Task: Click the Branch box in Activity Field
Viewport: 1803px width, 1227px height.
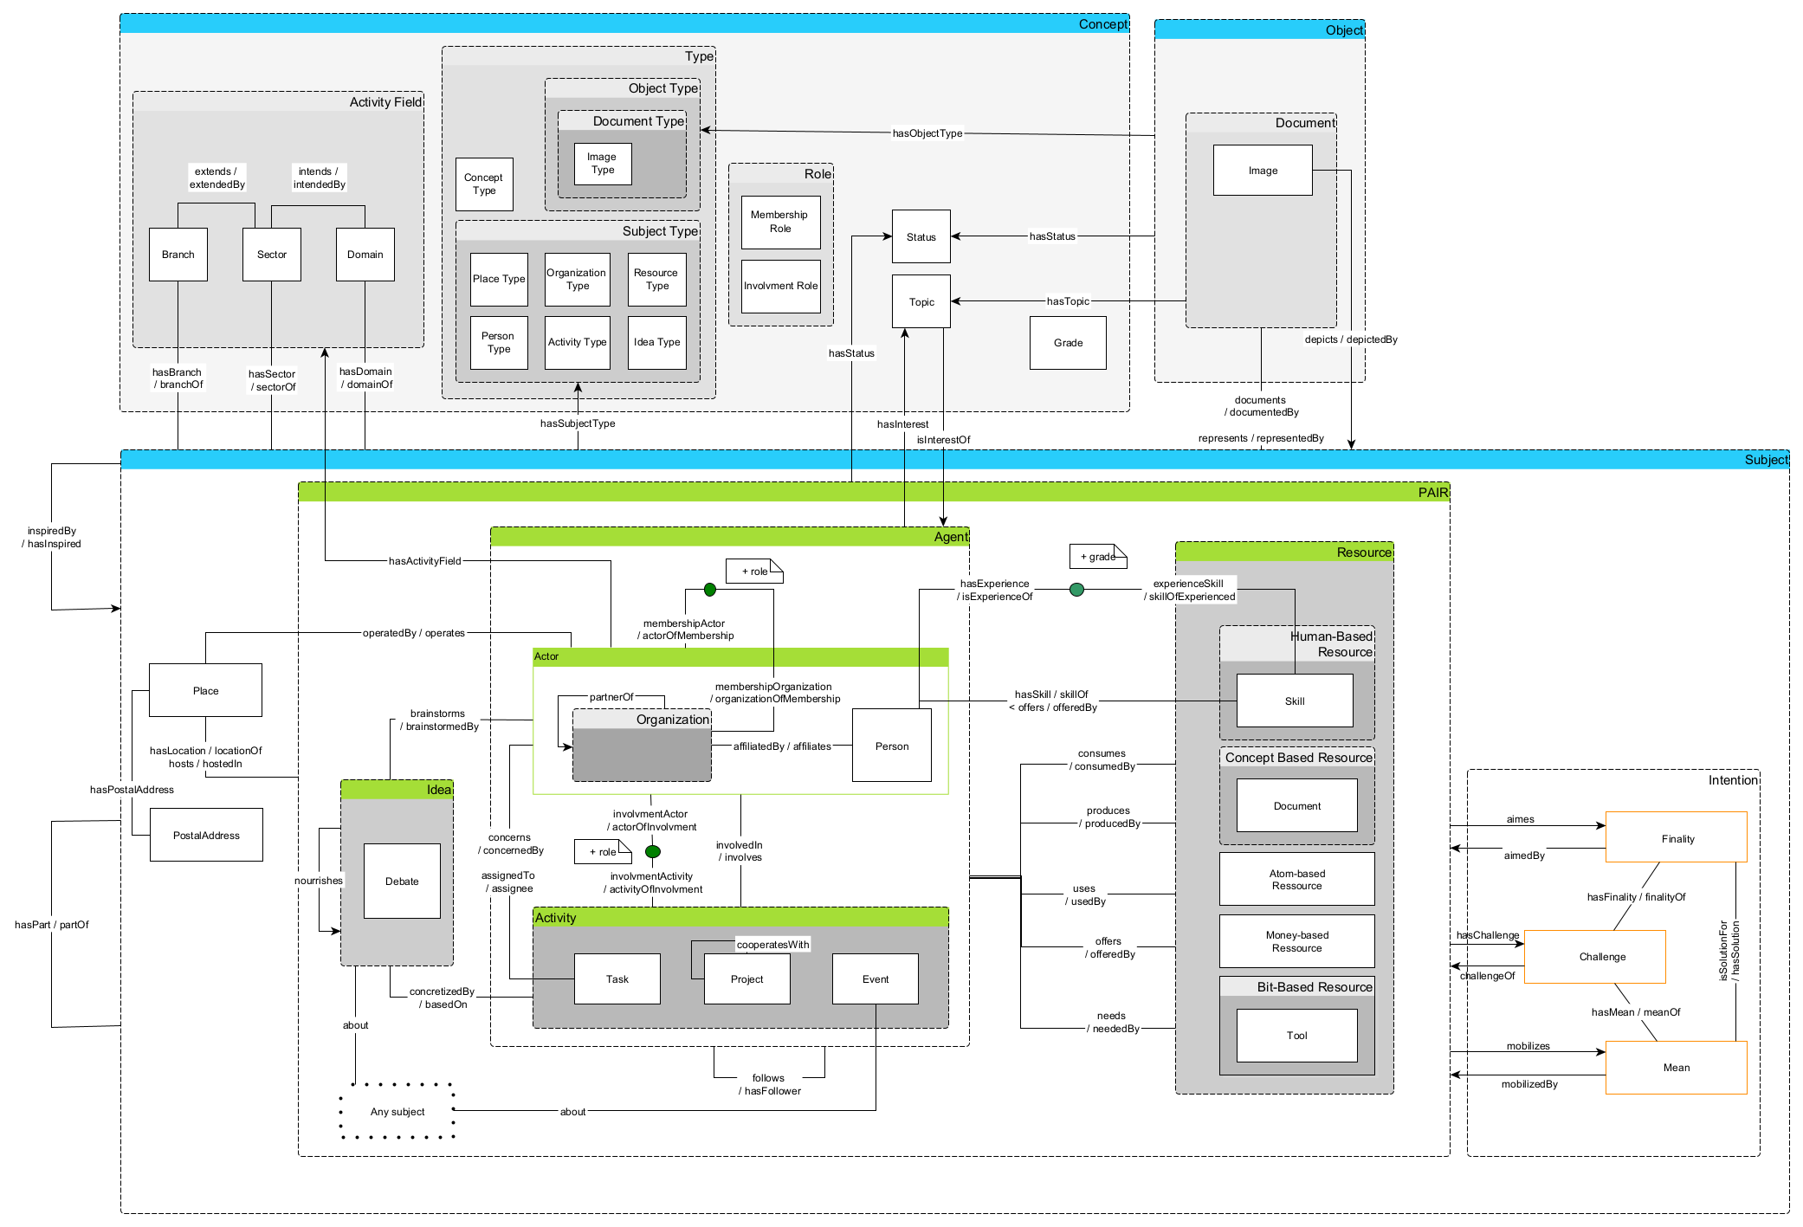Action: [178, 255]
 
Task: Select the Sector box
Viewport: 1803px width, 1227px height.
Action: [271, 255]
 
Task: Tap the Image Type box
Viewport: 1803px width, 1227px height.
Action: [602, 164]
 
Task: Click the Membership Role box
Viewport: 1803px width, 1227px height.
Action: [780, 223]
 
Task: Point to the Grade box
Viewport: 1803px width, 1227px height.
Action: [1067, 343]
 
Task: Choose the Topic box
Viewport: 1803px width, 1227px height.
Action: [921, 302]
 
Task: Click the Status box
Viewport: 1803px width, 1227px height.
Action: [921, 236]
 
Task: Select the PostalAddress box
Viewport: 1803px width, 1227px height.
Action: [206, 835]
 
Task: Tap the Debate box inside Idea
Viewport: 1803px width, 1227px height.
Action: [402, 881]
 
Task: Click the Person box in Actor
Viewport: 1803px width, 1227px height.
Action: [891, 746]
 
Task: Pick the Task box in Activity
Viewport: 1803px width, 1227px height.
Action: [617, 978]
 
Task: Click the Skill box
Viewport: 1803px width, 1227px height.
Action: [1294, 701]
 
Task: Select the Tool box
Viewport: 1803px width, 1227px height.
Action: [1296, 1036]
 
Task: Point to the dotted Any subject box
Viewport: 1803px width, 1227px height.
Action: [397, 1111]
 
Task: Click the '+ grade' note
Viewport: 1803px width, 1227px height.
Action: [1097, 557]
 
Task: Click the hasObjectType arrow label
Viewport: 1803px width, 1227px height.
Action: [927, 133]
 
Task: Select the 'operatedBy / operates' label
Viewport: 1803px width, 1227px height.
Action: [413, 633]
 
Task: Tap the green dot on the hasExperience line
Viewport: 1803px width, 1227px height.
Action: [1076, 590]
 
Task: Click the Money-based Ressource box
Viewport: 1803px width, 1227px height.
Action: [1296, 941]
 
